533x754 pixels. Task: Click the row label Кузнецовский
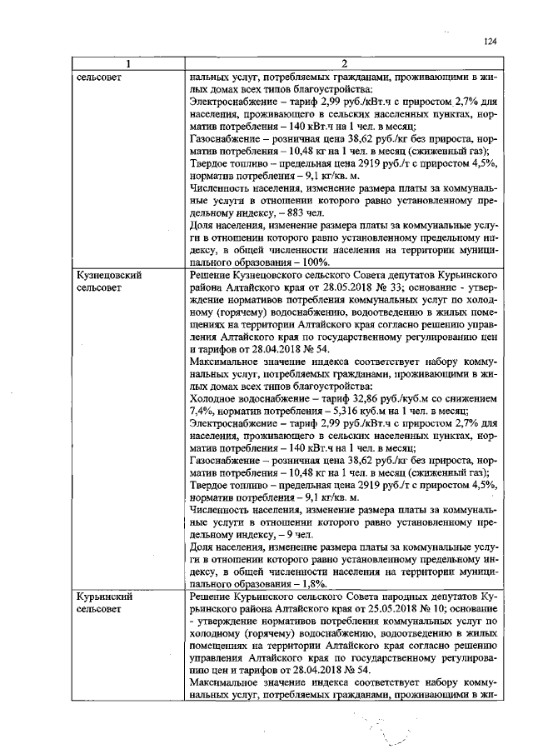coord(107,274)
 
